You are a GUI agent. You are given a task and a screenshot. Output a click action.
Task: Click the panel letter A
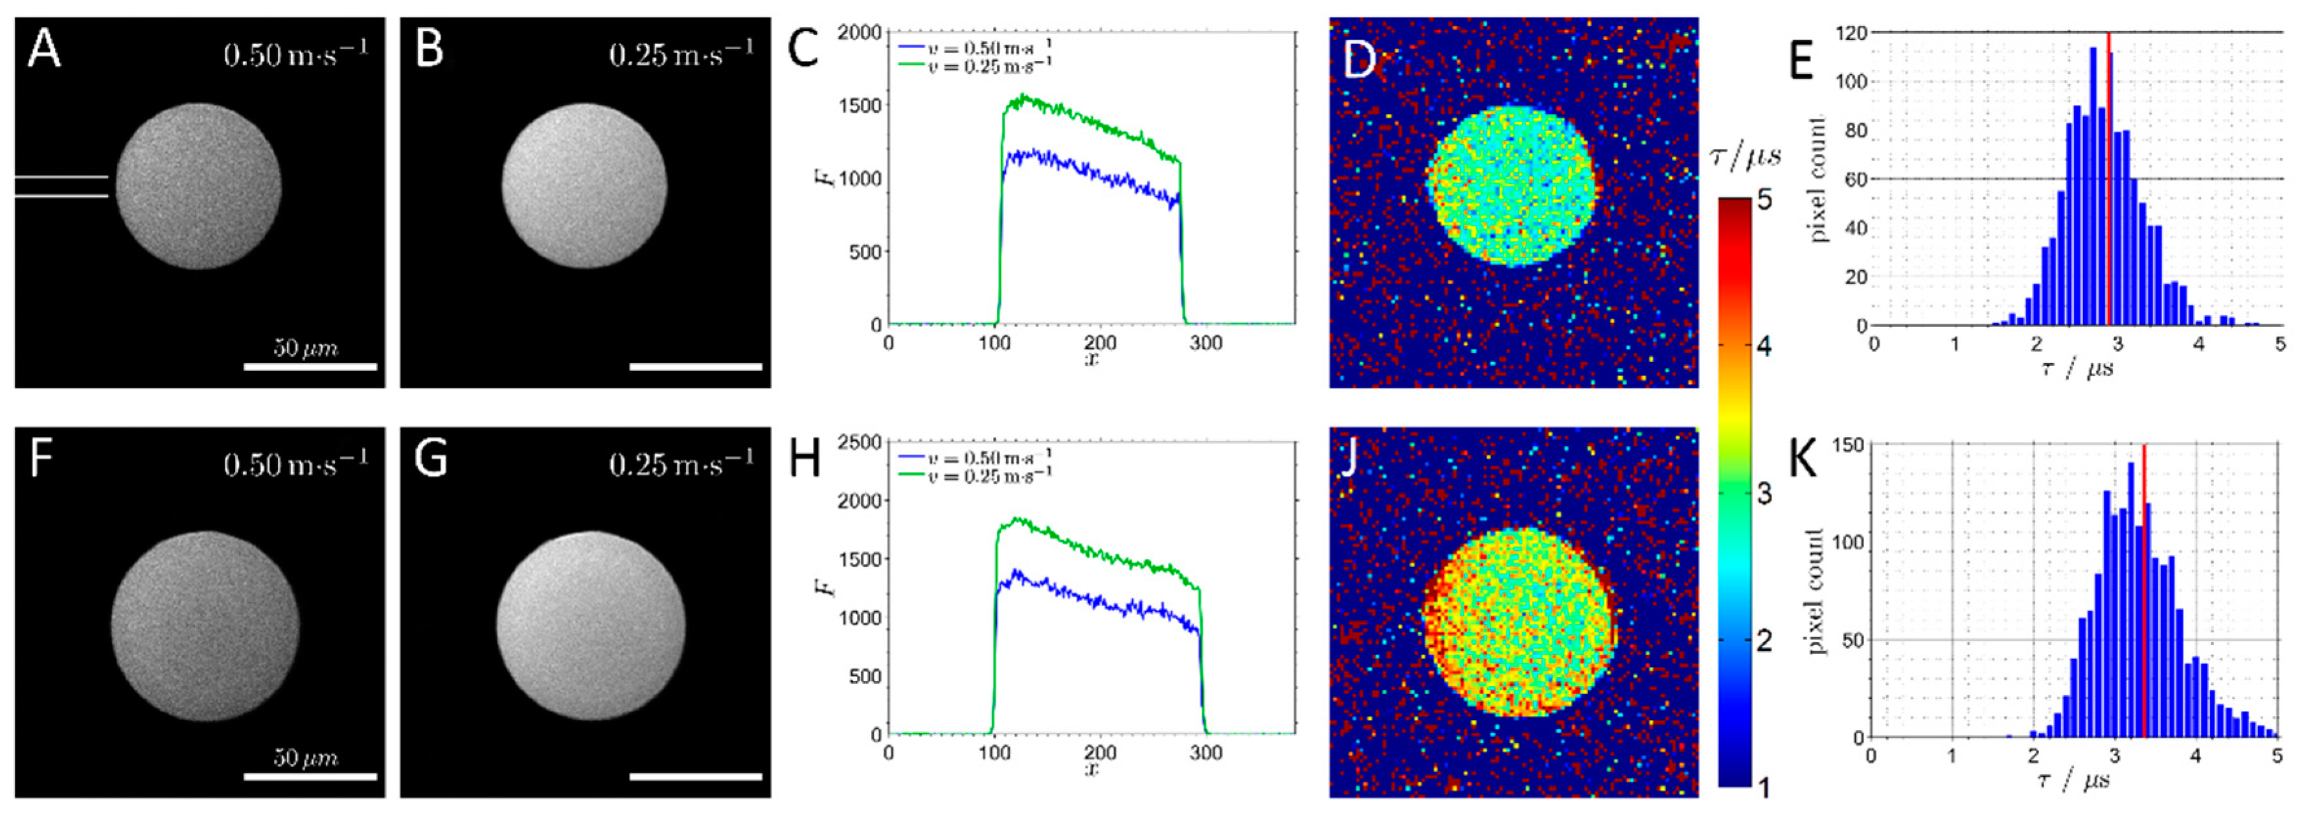[x=44, y=49]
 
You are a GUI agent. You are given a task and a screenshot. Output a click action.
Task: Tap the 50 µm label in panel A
[x=306, y=348]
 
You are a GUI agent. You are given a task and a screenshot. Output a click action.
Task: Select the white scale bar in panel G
[x=695, y=776]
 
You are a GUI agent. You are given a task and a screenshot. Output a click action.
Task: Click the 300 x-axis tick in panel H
[x=1205, y=754]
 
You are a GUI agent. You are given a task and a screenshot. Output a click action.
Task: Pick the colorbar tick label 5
[x=1764, y=199]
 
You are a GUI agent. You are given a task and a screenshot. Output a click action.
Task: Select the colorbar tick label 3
[x=1764, y=493]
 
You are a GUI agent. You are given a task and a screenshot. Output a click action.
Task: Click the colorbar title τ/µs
[x=1745, y=157]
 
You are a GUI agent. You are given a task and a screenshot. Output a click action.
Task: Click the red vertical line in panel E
[x=2109, y=179]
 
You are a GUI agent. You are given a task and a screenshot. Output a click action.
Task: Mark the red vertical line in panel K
[x=2144, y=590]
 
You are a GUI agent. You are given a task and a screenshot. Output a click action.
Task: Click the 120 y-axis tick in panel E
[x=1851, y=33]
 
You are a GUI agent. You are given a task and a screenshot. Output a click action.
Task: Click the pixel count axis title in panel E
[x=1818, y=179]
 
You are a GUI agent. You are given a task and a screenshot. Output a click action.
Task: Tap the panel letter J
[x=1351, y=458]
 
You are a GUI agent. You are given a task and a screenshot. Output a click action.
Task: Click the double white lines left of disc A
[x=61, y=186]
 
